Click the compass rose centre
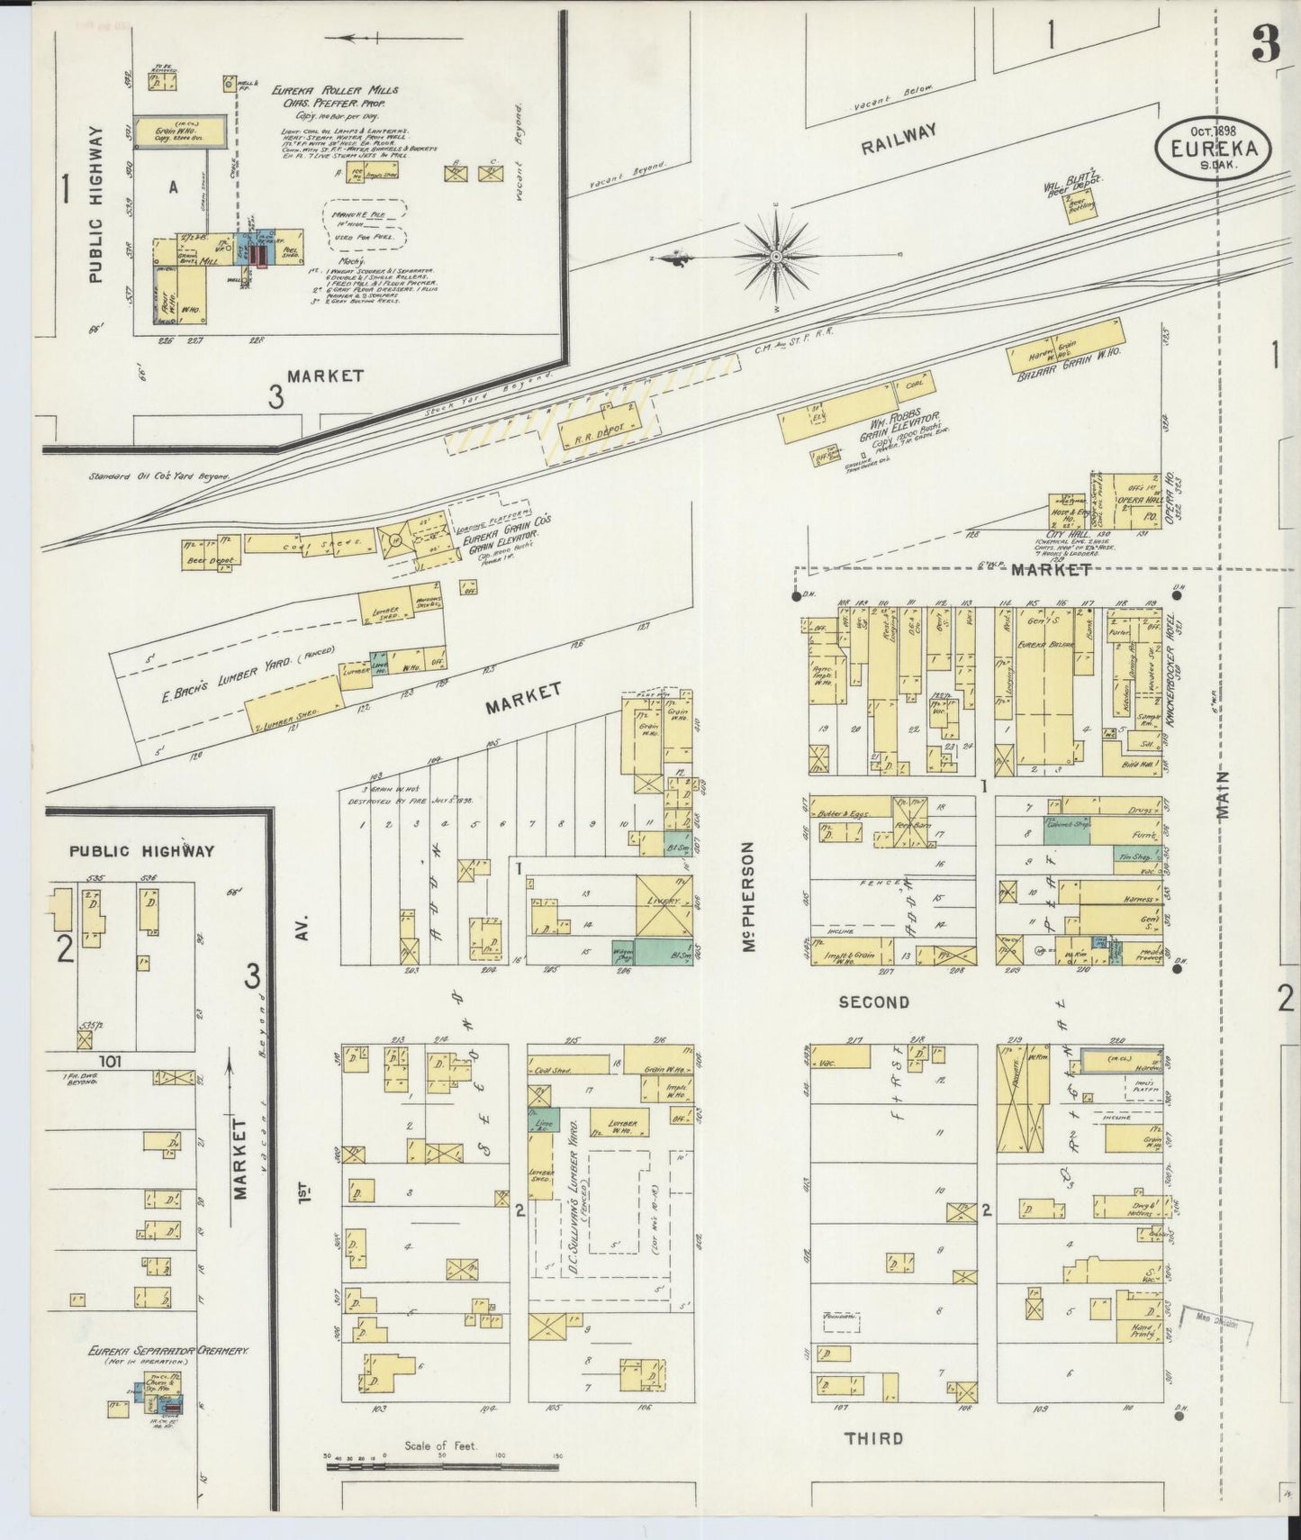click(775, 258)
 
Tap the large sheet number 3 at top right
click(1265, 47)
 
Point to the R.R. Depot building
click(595, 422)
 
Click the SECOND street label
click(873, 1001)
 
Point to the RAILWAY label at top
click(898, 140)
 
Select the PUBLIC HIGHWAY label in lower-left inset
click(142, 850)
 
